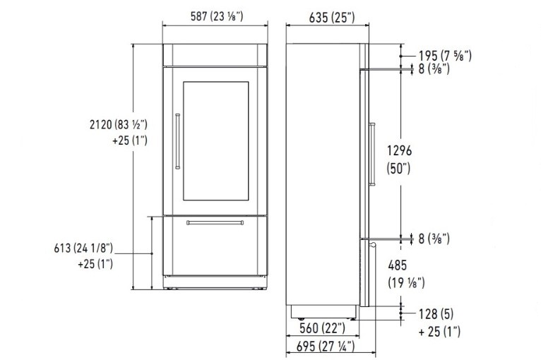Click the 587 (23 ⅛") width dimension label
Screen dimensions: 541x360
(217, 16)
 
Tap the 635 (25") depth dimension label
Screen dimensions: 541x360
(331, 18)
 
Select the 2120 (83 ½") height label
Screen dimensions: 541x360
(119, 124)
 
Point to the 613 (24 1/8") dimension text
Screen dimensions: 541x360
(83, 248)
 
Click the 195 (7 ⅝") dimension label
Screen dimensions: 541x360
(445, 56)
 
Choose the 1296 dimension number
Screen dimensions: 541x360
(399, 150)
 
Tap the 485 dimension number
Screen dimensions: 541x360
(398, 265)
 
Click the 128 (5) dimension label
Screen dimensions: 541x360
(436, 314)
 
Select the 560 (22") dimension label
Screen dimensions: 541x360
(322, 328)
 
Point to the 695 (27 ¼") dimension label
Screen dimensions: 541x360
(326, 346)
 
